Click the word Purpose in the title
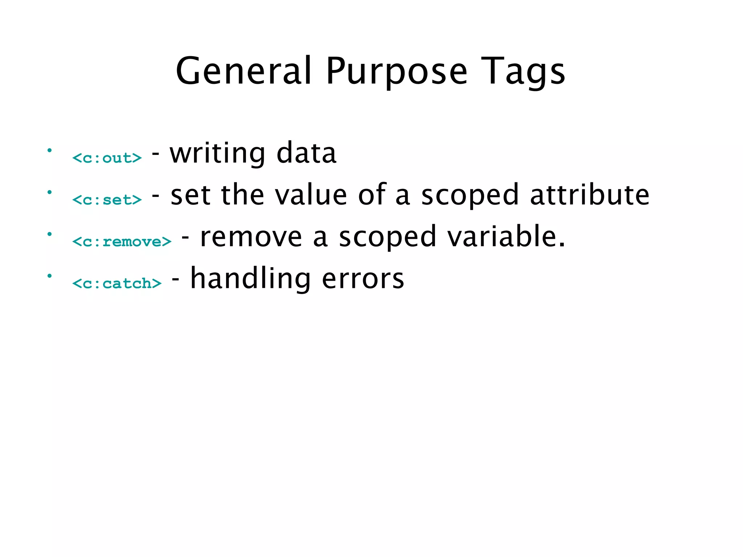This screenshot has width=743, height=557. pyautogui.click(x=397, y=72)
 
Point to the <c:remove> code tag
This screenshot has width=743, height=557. pyautogui.click(x=122, y=242)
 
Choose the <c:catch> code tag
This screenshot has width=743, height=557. pyautogui.click(x=117, y=283)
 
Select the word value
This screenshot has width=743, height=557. pyautogui.click(x=311, y=195)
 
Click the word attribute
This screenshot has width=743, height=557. pyautogui.click(x=590, y=195)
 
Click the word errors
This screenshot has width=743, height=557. pyautogui.click(x=363, y=279)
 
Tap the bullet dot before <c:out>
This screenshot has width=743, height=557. pyautogui.click(x=50, y=150)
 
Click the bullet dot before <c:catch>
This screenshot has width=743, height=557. pyautogui.click(x=50, y=276)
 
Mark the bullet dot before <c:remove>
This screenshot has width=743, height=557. pyautogui.click(x=50, y=234)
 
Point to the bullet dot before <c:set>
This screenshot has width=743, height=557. pyautogui.click(x=50, y=192)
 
